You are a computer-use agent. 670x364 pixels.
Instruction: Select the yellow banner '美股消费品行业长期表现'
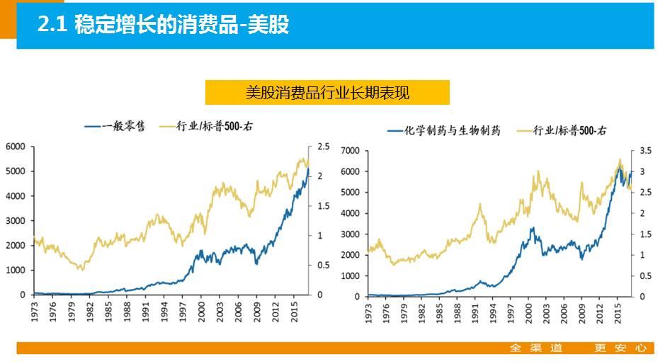[327, 92]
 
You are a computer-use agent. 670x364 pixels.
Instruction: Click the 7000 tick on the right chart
[351, 151]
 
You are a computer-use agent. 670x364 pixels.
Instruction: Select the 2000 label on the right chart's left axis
[351, 255]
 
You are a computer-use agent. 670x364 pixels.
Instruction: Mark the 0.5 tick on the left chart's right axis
[323, 265]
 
